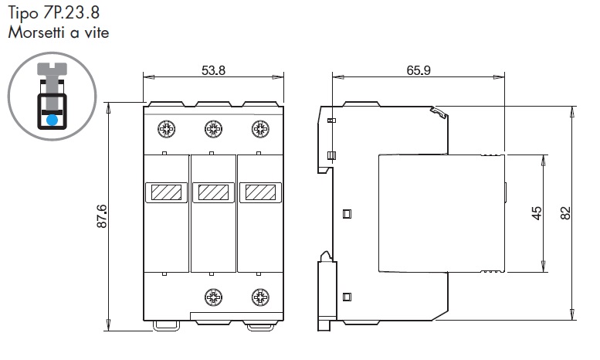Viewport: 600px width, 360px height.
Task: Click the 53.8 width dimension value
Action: pos(214,70)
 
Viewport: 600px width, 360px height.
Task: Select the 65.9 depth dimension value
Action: pos(419,70)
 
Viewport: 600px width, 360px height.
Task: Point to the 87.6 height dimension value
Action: pos(102,216)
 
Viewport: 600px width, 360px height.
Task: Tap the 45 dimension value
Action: pos(537,213)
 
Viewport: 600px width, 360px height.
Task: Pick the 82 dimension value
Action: pos(565,213)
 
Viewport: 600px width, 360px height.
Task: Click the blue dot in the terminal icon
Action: pos(52,120)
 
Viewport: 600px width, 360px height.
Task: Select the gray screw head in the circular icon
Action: pos(52,69)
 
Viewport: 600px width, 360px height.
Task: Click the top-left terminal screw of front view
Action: pos(167,129)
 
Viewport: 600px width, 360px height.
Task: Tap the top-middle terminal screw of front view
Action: pos(214,129)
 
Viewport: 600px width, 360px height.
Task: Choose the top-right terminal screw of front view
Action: pos(260,129)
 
